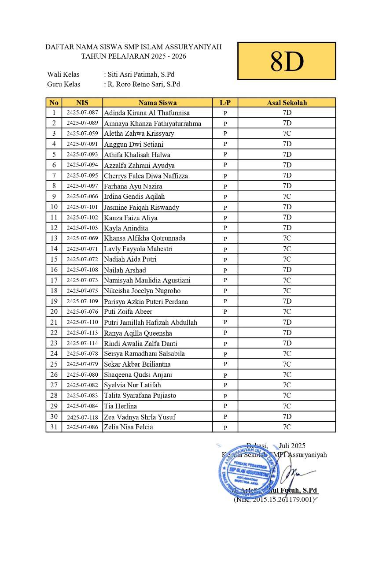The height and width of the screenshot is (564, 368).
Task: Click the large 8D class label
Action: [287, 61]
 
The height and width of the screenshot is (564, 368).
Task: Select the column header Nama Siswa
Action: [158, 103]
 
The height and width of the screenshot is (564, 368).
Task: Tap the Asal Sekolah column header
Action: [287, 103]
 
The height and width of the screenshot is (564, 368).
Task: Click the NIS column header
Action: [82, 103]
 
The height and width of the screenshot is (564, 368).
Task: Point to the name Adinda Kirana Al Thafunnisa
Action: [147, 113]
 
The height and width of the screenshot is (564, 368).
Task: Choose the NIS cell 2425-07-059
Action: [82, 133]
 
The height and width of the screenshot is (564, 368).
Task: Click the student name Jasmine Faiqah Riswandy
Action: [141, 207]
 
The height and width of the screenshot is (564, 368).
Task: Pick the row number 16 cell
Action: [54, 270]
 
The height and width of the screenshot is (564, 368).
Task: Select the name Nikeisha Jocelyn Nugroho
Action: [142, 291]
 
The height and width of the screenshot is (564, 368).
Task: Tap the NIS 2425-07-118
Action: [82, 416]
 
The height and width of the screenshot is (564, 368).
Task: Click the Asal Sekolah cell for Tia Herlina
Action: [287, 406]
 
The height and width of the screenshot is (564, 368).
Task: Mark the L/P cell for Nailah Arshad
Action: [225, 270]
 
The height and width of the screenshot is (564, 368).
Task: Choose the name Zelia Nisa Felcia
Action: [128, 427]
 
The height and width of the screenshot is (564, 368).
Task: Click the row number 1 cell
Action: [54, 112]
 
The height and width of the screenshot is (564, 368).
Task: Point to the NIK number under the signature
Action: [275, 499]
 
